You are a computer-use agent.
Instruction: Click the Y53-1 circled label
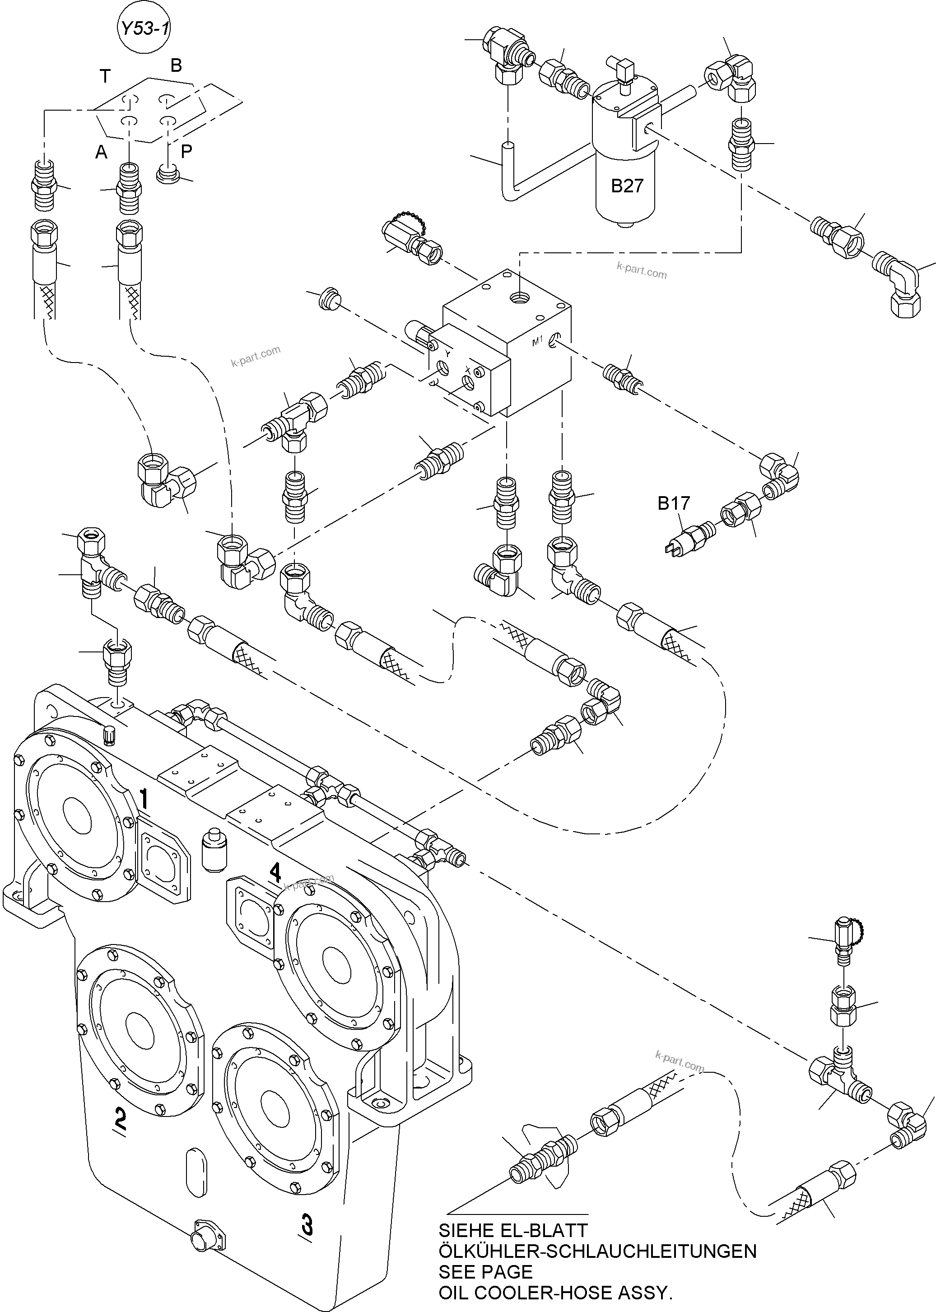[144, 29]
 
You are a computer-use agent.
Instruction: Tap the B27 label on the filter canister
[627, 186]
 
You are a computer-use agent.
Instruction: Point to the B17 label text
[674, 503]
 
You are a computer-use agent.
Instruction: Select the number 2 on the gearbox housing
[120, 1118]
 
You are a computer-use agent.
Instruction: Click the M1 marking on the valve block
[537, 342]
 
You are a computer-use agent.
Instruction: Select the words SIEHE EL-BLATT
[512, 1230]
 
